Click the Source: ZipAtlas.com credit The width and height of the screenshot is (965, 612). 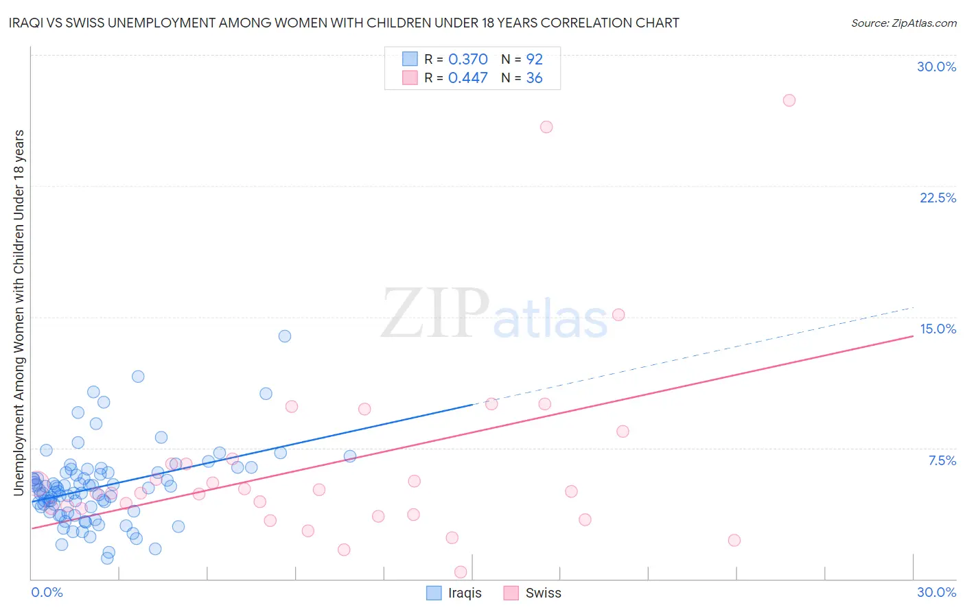tap(903, 23)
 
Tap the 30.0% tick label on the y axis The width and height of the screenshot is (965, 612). tap(936, 67)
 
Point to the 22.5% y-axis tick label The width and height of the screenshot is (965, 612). tap(938, 198)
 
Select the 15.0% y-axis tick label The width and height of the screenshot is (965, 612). tap(938, 329)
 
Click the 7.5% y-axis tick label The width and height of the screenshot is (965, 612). tap(942, 460)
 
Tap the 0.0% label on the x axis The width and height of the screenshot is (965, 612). tap(47, 592)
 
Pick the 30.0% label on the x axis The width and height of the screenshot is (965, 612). tap(936, 592)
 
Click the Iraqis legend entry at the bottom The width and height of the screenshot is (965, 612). tap(454, 593)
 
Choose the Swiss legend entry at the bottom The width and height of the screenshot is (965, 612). tap(532, 593)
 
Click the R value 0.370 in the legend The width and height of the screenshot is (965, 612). tap(467, 59)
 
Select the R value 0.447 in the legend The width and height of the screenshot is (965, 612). tap(467, 78)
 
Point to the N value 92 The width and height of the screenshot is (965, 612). tap(534, 59)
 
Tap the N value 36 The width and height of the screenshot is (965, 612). tap(534, 78)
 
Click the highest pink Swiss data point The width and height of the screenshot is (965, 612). tap(789, 100)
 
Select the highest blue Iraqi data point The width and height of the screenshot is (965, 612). tap(284, 336)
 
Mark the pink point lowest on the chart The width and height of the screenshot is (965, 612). tap(461, 572)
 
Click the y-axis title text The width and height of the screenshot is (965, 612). tap(19, 312)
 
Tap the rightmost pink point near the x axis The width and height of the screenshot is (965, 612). tap(734, 540)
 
